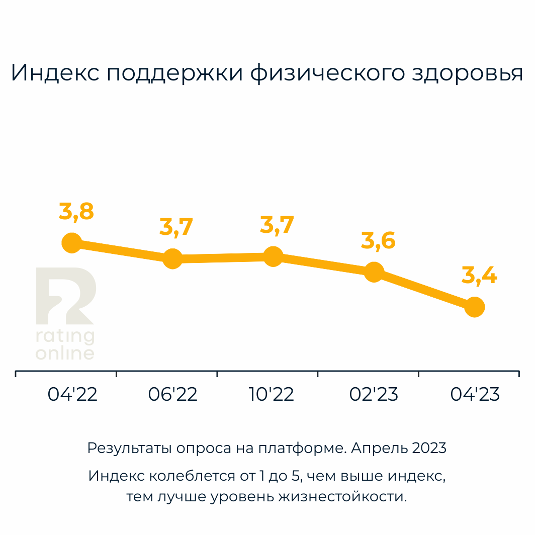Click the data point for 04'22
tap(72, 243)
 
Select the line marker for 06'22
tap(172, 258)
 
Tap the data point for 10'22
tap(273, 256)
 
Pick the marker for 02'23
tap(374, 272)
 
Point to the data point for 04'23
tap(474, 306)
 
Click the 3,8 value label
tap(76, 212)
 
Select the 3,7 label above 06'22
tap(176, 227)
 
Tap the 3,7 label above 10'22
tap(277, 225)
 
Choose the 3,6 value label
tap(378, 241)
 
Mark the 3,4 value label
tap(479, 276)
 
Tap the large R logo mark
tap(65, 297)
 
